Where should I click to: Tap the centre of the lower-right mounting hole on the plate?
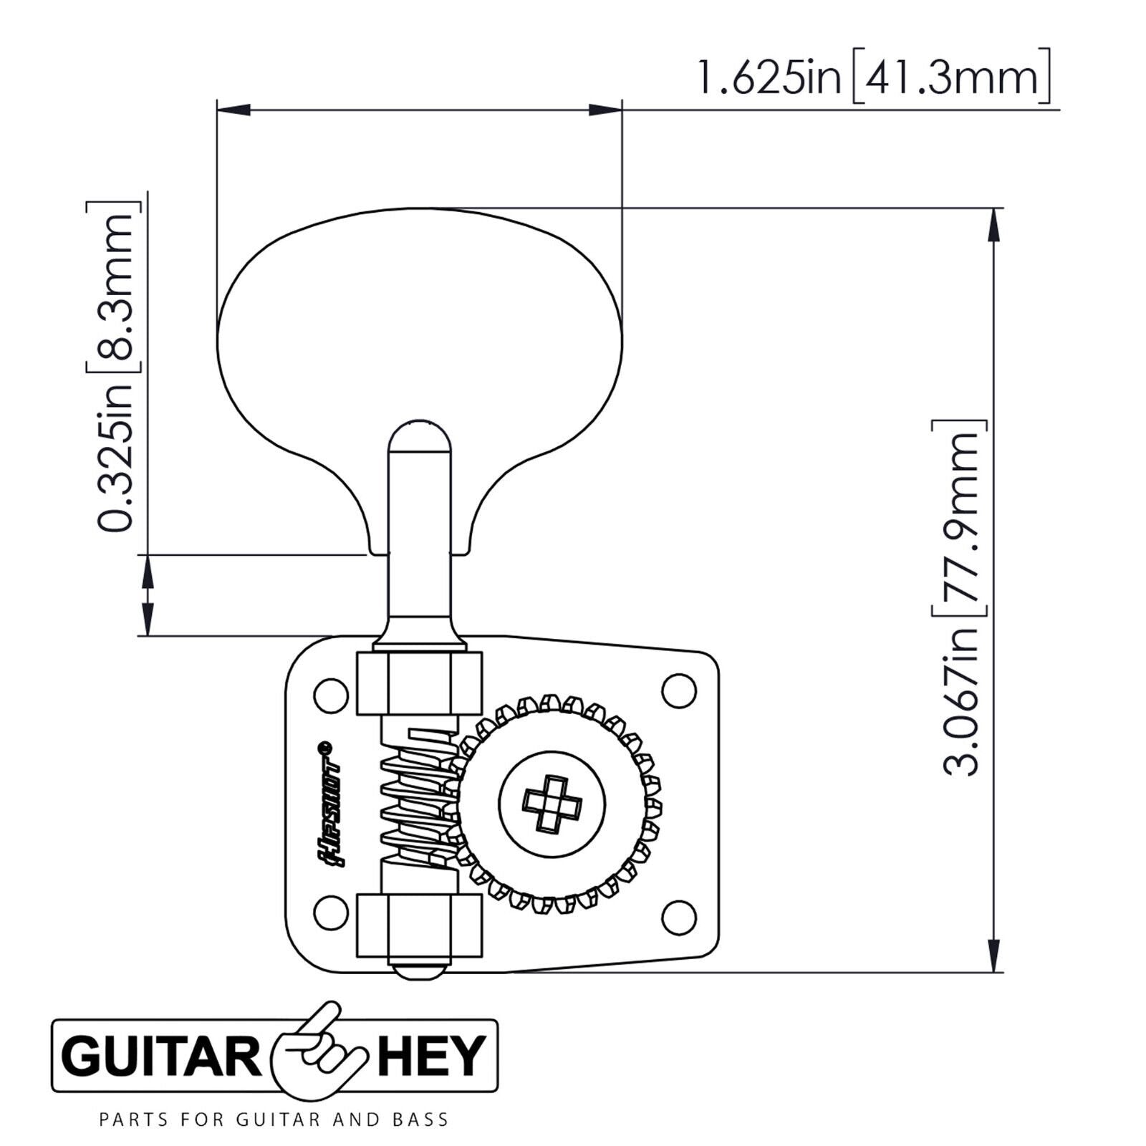(x=678, y=915)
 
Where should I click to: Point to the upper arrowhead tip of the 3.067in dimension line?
(x=993, y=208)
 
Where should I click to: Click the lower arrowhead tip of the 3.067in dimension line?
(x=993, y=972)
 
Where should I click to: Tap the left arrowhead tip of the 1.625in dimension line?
(x=216, y=110)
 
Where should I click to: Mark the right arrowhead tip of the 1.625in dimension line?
(x=621, y=110)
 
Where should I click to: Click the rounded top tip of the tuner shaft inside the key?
(x=420, y=421)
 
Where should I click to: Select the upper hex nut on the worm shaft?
(x=419, y=683)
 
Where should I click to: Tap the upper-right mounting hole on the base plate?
(x=678, y=690)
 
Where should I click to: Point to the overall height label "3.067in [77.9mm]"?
(x=959, y=600)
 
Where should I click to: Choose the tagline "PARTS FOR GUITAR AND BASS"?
(x=274, y=1119)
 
